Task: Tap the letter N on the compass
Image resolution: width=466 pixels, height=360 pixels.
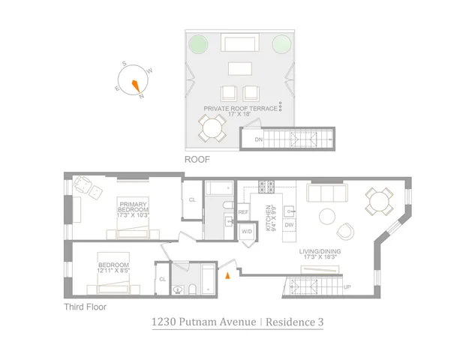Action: pyautogui.click(x=140, y=96)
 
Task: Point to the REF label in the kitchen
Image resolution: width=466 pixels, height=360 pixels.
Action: pyautogui.click(x=243, y=212)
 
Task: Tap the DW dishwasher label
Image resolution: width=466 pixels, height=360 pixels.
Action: pyautogui.click(x=288, y=225)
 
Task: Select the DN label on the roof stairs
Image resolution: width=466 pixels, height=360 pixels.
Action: pyautogui.click(x=259, y=140)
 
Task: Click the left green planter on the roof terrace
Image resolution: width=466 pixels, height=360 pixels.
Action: pyautogui.click(x=199, y=44)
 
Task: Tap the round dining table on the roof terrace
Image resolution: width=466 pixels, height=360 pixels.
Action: pyautogui.click(x=212, y=130)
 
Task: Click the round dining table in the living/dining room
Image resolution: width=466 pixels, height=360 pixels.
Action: pyautogui.click(x=377, y=200)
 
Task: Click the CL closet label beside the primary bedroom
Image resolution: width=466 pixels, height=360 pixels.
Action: pyautogui.click(x=192, y=199)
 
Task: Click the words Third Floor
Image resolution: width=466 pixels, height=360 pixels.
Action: pyautogui.click(x=85, y=307)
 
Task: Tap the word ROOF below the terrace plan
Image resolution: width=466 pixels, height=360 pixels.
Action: pyautogui.click(x=197, y=160)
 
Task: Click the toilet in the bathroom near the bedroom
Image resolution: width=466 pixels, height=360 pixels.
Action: pyautogui.click(x=178, y=289)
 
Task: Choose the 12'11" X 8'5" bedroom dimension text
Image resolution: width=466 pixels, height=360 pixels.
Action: pyautogui.click(x=113, y=272)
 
